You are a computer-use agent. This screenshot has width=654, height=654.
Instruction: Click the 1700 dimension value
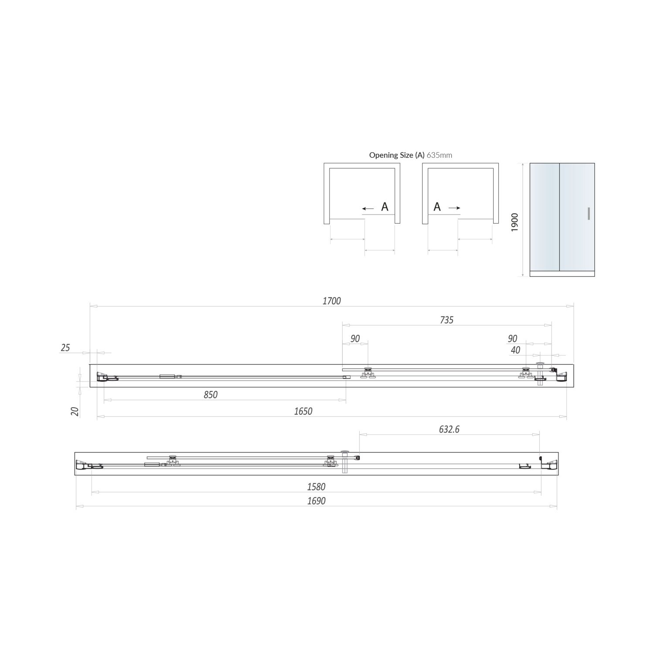tap(332, 301)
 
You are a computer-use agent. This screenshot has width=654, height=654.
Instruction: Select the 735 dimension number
tap(446, 320)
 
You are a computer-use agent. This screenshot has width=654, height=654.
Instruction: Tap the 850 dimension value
tap(210, 395)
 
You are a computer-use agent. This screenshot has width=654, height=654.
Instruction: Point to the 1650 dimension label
tap(303, 411)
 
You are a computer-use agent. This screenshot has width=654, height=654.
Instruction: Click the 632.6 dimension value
tap(449, 429)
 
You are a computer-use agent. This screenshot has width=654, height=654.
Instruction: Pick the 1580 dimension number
tap(316, 487)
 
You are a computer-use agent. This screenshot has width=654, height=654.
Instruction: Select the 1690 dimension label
tap(316, 501)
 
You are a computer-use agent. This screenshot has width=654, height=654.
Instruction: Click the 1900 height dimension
tap(515, 222)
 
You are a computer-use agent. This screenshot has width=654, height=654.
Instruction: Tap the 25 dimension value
tap(65, 347)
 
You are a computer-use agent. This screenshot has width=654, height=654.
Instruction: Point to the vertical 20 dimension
tap(75, 411)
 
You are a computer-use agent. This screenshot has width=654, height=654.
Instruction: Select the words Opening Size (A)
tap(396, 155)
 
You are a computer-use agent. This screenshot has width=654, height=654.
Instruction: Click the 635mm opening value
tap(439, 155)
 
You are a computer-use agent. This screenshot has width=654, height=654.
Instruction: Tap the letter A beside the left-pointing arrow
tap(385, 207)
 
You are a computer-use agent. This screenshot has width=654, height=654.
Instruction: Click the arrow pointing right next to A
tap(454, 208)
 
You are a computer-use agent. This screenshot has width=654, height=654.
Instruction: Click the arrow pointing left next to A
tap(368, 209)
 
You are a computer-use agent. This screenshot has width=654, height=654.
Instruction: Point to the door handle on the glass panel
tap(589, 214)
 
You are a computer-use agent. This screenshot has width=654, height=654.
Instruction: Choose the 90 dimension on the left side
tap(355, 339)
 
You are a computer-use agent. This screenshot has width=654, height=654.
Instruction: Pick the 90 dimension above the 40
tap(512, 339)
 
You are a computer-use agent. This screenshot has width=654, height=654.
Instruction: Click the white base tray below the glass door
tap(562, 273)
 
